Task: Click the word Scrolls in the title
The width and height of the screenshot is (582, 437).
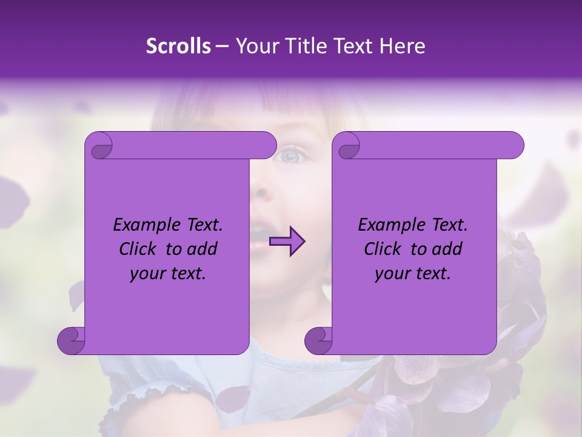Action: coord(178,47)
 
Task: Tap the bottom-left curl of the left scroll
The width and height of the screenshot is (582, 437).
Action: coord(70,340)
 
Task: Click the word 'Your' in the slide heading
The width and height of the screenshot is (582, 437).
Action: coord(254,47)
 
